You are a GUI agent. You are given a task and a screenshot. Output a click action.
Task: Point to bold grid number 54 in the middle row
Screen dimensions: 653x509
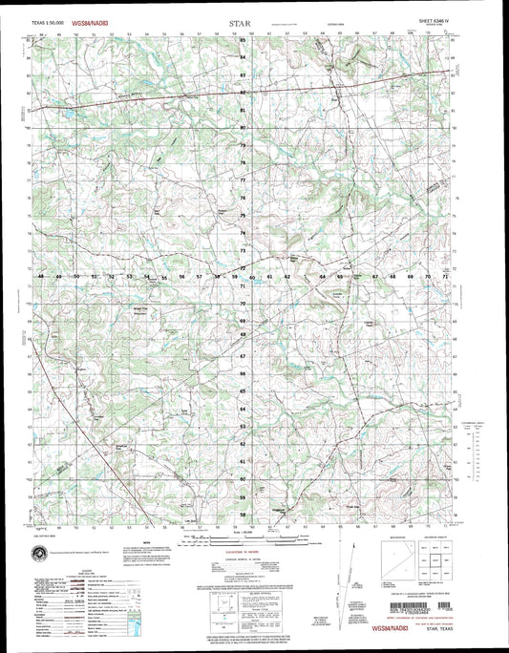(147, 276)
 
